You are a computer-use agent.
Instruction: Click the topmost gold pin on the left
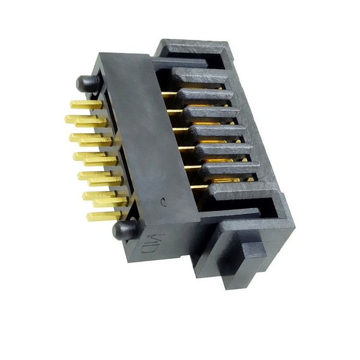pyautogui.click(x=85, y=104)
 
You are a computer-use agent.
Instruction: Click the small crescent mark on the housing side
pyautogui.click(x=164, y=203)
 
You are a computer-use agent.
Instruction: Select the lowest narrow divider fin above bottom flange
pyautogui.click(x=230, y=169)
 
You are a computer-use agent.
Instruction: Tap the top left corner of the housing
pyautogui.click(x=98, y=55)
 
